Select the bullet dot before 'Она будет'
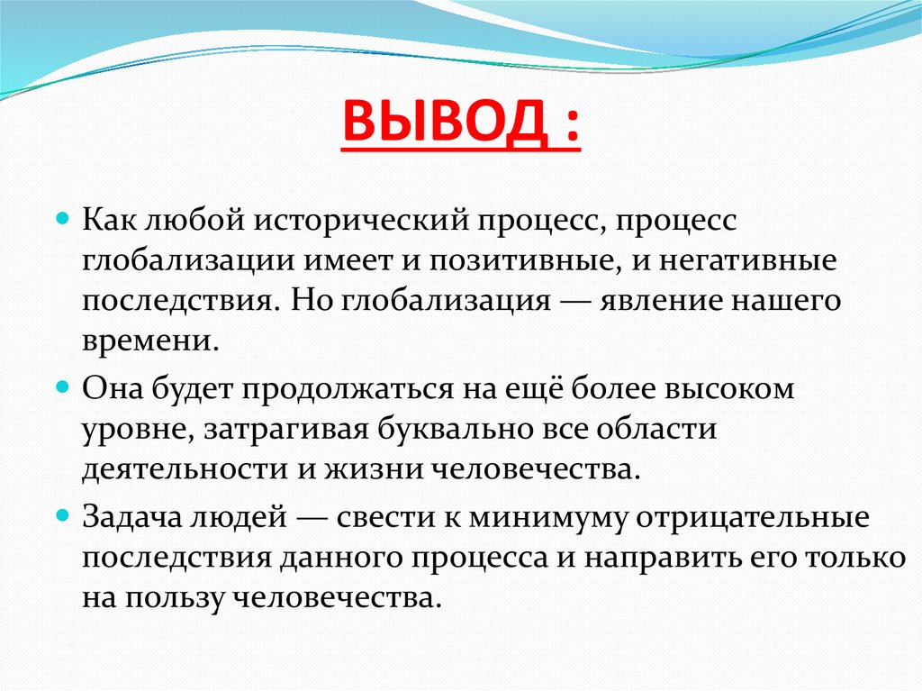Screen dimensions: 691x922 click(x=63, y=388)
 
